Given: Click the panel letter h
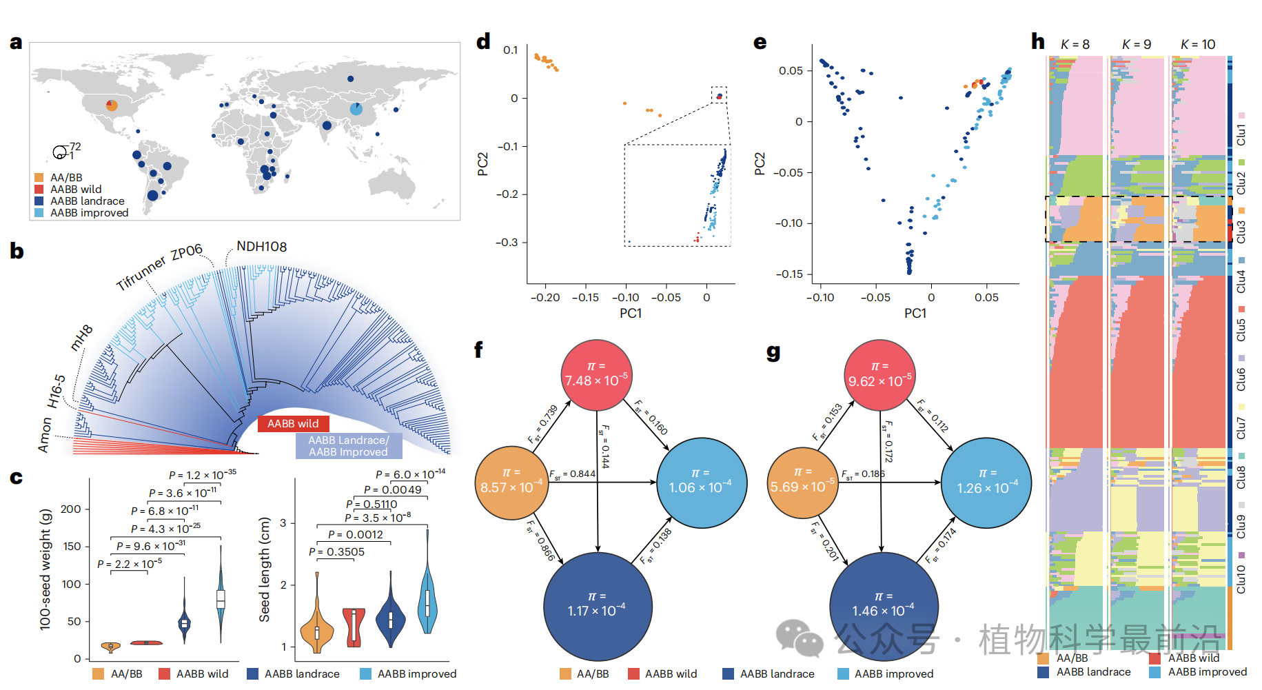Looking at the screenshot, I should point(1038,41).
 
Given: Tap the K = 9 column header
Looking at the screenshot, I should point(1137,44).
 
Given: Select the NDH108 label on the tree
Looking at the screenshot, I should point(261,247).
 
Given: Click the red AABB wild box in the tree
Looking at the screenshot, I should point(293,423).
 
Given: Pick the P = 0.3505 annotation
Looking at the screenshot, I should point(336,552).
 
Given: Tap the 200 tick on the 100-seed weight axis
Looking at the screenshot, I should point(70,509).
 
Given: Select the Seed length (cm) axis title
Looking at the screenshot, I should point(265,569).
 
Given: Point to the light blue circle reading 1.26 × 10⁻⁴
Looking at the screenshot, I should point(986,482).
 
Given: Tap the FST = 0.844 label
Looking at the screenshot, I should point(572,474).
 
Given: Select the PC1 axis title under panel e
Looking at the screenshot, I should point(915,313).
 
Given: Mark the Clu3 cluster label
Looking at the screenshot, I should point(1241,232).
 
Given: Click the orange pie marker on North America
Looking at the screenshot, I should point(112,105).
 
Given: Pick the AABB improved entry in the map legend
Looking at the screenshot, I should point(89,213).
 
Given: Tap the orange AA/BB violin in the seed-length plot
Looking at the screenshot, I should point(316,629).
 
